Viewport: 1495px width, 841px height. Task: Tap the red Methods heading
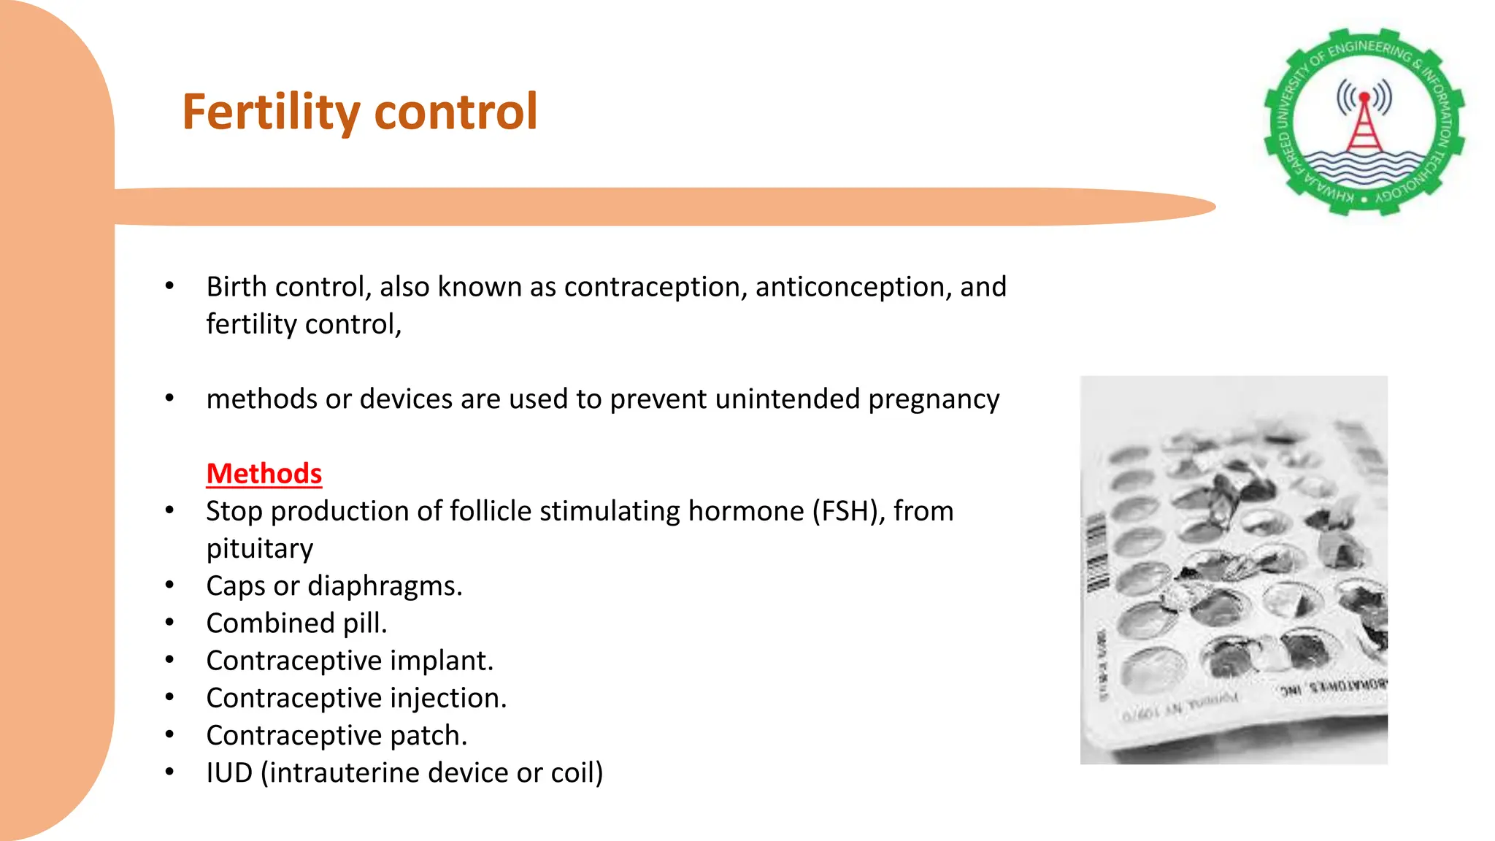pyautogui.click(x=264, y=474)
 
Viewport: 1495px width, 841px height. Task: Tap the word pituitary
pyautogui.click(x=259, y=548)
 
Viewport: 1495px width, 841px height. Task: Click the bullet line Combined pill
pyautogui.click(x=296, y=623)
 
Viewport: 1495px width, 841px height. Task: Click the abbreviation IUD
pyautogui.click(x=229, y=772)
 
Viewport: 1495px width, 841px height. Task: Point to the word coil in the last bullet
pyautogui.click(x=572, y=772)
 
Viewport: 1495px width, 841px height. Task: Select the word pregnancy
pyautogui.click(x=934, y=399)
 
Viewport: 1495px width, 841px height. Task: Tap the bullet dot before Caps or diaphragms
pyautogui.click(x=169, y=585)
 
